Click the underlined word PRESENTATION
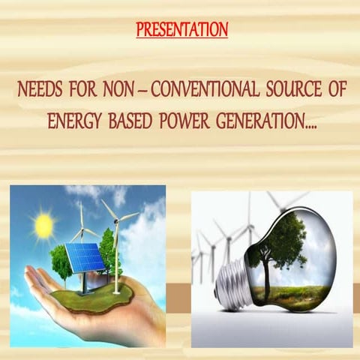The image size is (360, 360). coord(182,31)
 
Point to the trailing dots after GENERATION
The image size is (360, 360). coord(309,124)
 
